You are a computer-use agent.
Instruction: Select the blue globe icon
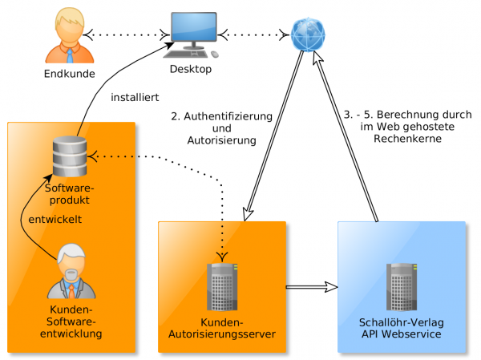tap(309, 34)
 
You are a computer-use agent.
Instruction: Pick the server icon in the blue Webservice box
tap(401, 285)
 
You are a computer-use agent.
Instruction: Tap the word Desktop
tap(191, 70)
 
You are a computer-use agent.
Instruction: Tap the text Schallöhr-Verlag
tap(402, 322)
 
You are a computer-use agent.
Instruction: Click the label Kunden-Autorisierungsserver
tap(223, 328)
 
